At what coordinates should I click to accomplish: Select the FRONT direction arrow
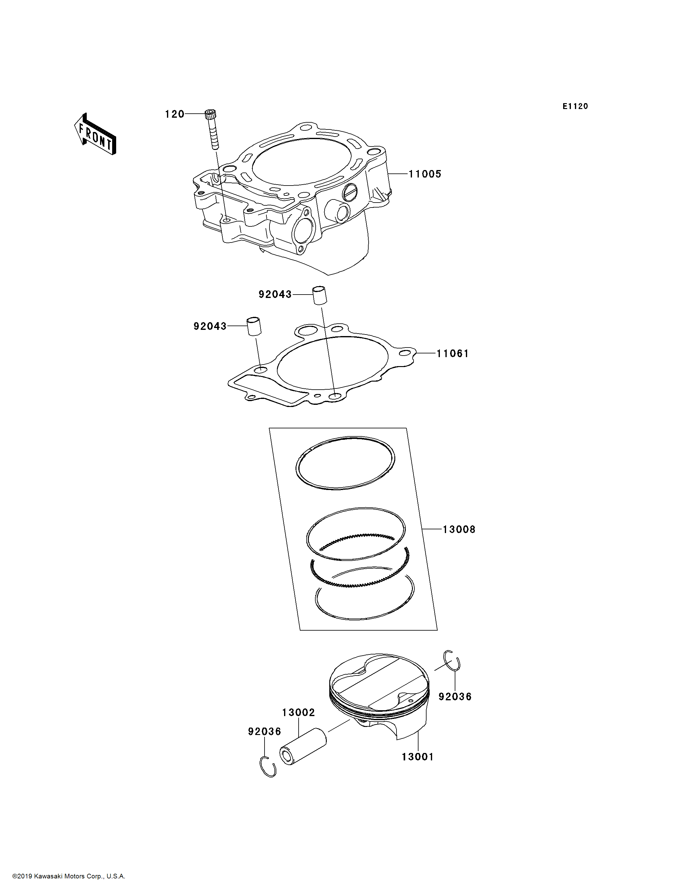coord(95,134)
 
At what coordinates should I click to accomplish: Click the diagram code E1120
coord(575,106)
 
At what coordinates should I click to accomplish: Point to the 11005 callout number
coord(425,174)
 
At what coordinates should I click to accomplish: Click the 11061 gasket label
coord(453,354)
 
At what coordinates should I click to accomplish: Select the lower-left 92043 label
coord(210,326)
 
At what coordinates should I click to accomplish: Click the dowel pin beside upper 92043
coord(319,295)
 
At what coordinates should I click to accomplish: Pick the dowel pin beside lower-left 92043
coord(254,326)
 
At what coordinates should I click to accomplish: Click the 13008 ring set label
coord(459,529)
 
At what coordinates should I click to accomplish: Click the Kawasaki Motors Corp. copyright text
coord(69,876)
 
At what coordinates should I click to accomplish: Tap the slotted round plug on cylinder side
coord(350,192)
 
